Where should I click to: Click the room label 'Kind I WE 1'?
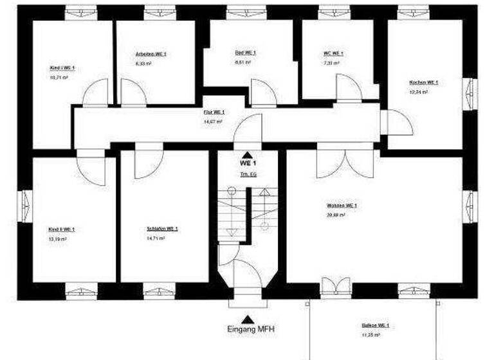(x=62, y=68)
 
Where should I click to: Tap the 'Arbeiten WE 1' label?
(x=151, y=55)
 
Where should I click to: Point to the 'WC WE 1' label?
(x=333, y=53)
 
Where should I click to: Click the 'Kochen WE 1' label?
(x=423, y=83)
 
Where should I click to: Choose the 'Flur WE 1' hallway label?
(x=214, y=112)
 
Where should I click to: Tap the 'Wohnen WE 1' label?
(x=342, y=206)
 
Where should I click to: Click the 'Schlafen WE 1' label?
(x=162, y=229)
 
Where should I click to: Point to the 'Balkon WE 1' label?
(x=375, y=326)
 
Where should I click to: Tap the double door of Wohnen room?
(x=345, y=163)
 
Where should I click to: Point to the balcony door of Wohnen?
(x=335, y=287)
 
